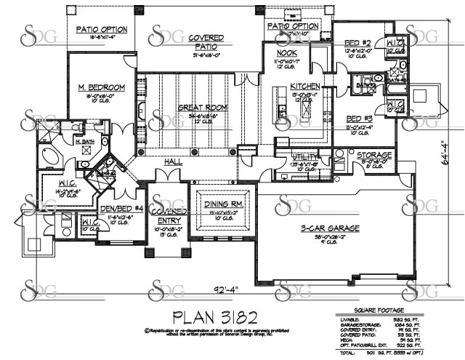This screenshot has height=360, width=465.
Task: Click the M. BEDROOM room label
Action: tap(102, 88)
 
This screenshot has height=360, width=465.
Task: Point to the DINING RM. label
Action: tap(225, 204)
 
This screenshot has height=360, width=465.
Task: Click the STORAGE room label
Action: tap(374, 155)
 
